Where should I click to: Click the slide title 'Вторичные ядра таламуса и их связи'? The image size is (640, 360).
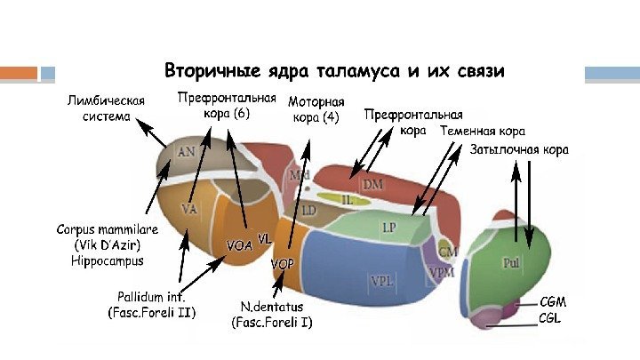pyautogui.click(x=334, y=70)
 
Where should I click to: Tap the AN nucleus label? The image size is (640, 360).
pyautogui.click(x=187, y=152)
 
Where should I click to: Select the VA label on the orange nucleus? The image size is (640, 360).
pyautogui.click(x=188, y=209)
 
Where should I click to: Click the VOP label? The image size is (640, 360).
pyautogui.click(x=282, y=265)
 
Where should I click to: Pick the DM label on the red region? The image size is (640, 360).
pyautogui.click(x=372, y=183)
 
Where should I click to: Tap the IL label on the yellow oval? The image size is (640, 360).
pyautogui.click(x=347, y=201)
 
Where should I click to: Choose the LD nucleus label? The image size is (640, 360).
pyautogui.click(x=308, y=211)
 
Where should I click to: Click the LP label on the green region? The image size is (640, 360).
pyautogui.click(x=388, y=228)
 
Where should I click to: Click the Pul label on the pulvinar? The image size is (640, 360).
pyautogui.click(x=511, y=263)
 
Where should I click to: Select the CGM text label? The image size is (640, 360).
pyautogui.click(x=552, y=302)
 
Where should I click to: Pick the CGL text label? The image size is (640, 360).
pyautogui.click(x=551, y=317)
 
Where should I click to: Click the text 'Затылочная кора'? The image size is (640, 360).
pyautogui.click(x=519, y=149)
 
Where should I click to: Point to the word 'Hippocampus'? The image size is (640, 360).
pyautogui.click(x=107, y=260)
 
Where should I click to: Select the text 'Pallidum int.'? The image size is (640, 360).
pyautogui.click(x=151, y=295)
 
